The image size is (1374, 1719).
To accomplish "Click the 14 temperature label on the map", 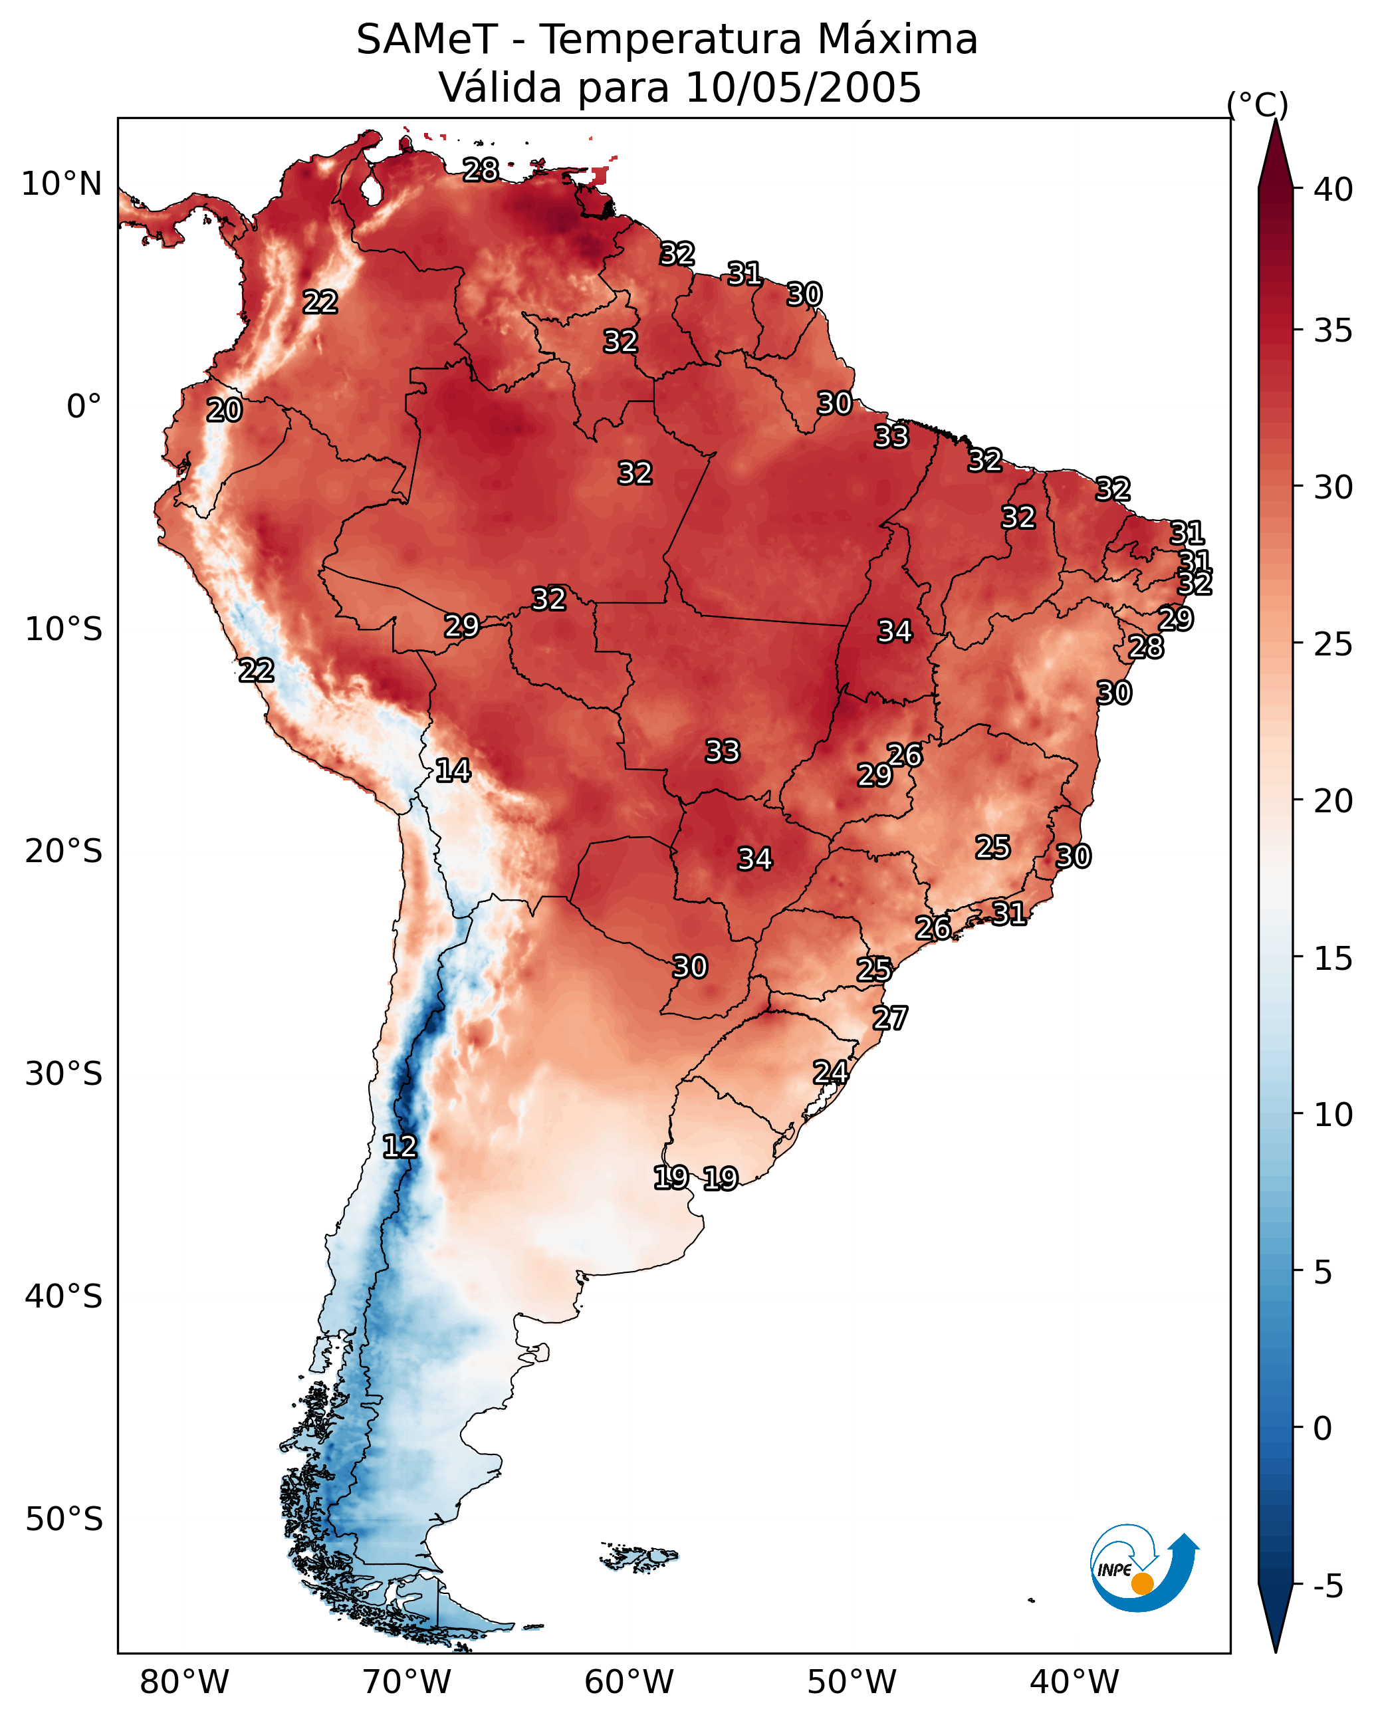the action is click(453, 770).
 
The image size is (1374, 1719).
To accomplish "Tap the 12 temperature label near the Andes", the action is click(400, 1147).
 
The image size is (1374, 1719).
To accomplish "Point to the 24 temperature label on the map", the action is click(830, 1072).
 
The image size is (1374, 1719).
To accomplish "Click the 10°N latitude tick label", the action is click(61, 184).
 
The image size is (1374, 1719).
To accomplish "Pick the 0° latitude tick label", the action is click(84, 407).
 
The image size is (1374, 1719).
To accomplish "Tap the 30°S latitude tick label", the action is click(64, 1074).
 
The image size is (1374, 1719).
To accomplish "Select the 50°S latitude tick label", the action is click(64, 1519).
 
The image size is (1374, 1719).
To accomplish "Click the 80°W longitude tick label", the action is click(184, 1682).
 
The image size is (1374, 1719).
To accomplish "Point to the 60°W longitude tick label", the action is click(630, 1682).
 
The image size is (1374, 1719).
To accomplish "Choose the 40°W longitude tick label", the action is click(1074, 1682).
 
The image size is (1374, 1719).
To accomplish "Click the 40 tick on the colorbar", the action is click(1333, 189).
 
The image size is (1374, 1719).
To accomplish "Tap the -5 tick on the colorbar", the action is click(1329, 1587).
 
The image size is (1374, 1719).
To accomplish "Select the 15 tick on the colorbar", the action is click(1333, 959).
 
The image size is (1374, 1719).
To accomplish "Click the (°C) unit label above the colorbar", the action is click(1258, 104).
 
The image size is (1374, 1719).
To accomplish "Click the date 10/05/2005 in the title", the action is click(803, 87).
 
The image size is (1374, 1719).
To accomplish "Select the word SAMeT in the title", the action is click(427, 40).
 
